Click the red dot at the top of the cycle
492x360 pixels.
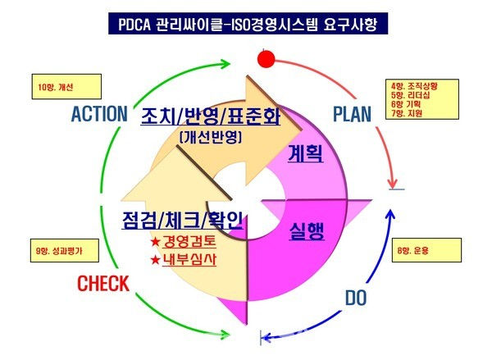(x=264, y=59)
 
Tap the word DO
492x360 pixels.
(x=355, y=297)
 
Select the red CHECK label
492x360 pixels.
(x=102, y=285)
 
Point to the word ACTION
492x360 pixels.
(x=99, y=113)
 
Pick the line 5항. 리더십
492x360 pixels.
(x=411, y=93)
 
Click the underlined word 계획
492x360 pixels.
(x=304, y=153)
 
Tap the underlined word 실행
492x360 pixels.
(x=306, y=230)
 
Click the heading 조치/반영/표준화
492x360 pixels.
(x=210, y=116)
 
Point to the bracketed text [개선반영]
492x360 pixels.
(x=211, y=139)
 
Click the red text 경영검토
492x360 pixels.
(x=187, y=243)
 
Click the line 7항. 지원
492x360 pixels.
(x=407, y=112)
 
